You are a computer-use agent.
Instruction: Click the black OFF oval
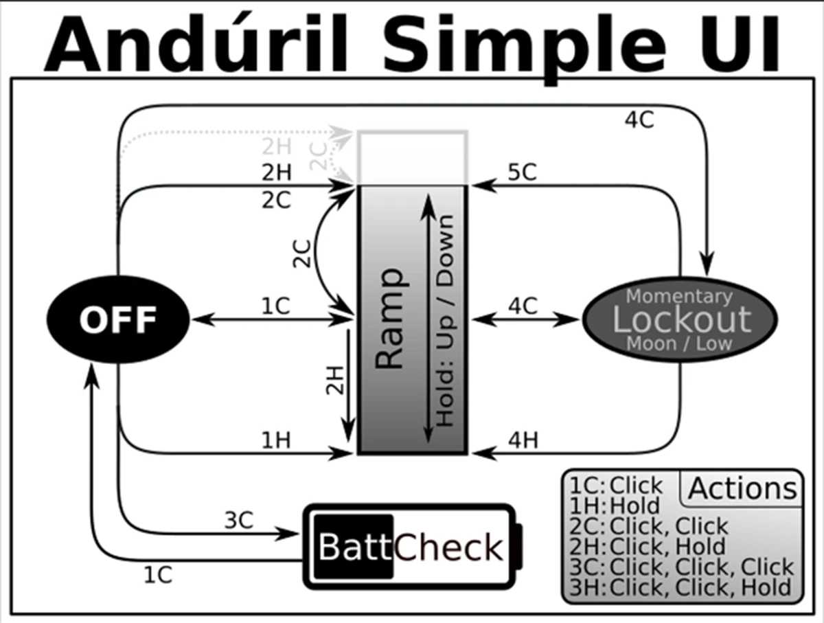tap(117, 319)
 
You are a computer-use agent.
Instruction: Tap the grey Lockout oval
tap(680, 319)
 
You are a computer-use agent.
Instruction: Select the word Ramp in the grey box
tap(391, 319)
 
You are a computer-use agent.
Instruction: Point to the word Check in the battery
tap(448, 547)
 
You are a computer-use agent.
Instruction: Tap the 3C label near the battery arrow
tap(238, 520)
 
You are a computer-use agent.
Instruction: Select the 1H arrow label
tap(276, 440)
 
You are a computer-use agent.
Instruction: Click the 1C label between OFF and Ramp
tap(276, 307)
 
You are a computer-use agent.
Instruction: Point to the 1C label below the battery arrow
tap(157, 574)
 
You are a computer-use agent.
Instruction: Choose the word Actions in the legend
tap(742, 488)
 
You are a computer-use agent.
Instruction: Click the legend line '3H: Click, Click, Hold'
tap(680, 587)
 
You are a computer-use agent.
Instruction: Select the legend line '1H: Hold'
tap(614, 506)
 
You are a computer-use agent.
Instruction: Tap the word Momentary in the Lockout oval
tap(679, 297)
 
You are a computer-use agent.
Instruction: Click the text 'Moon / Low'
tap(679, 343)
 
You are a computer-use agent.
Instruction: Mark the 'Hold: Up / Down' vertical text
tap(446, 319)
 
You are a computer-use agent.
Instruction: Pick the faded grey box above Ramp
tap(412, 157)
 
